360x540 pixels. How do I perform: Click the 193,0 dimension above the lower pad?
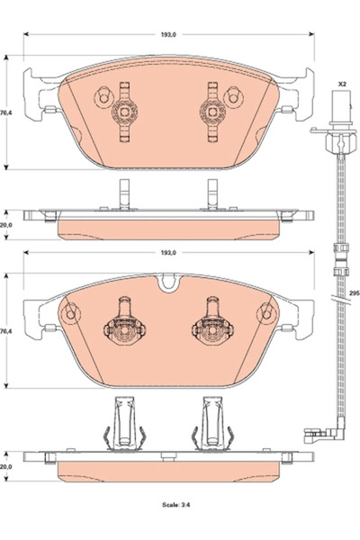[x=166, y=254]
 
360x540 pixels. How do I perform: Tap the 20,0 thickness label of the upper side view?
[x=7, y=227]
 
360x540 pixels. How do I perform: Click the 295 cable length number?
[x=354, y=293]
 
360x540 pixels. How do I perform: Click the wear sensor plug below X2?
[x=342, y=118]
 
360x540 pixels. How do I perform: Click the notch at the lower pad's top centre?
[x=166, y=284]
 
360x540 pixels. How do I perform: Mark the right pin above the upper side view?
[x=212, y=193]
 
